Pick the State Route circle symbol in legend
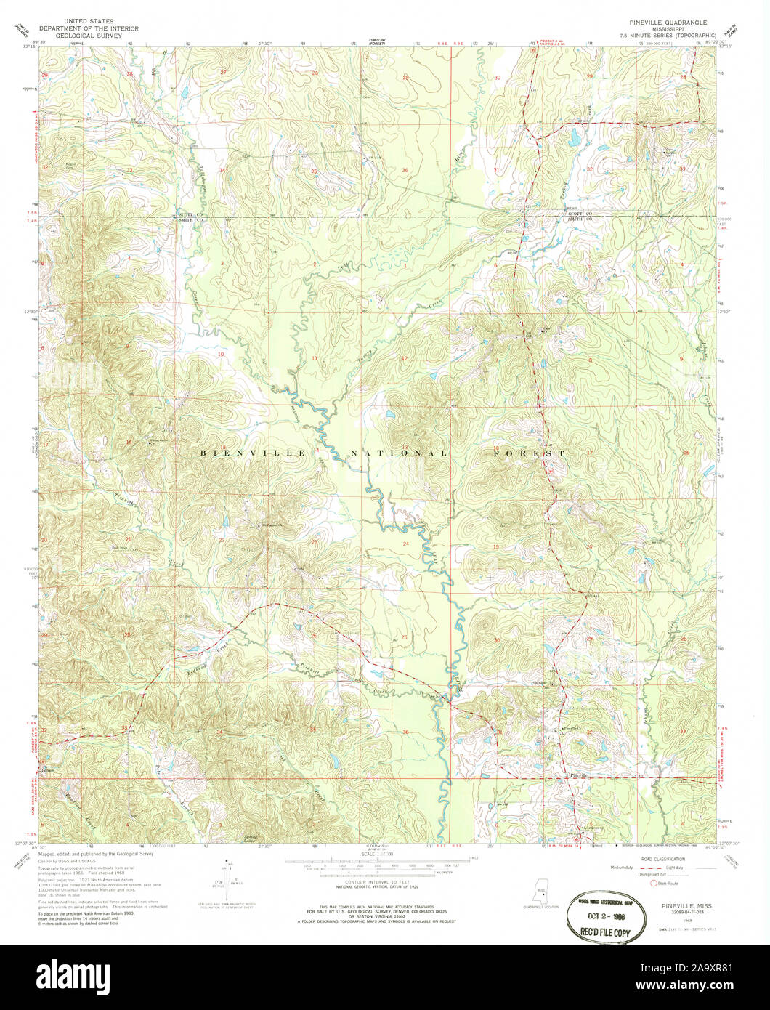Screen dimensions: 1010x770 coord(653,884)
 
